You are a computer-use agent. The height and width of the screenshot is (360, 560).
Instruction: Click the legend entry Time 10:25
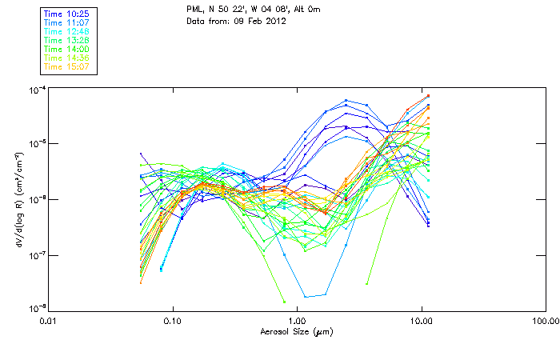coord(66,14)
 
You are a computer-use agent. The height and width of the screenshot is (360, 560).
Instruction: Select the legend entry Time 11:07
coord(66,23)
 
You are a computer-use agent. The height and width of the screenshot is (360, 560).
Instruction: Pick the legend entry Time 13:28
coord(66,40)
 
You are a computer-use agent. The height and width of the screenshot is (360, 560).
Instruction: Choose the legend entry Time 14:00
coord(66,49)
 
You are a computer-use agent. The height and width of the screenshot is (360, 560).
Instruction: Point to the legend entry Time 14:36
coord(66,58)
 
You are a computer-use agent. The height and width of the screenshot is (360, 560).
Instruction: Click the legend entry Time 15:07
coord(66,66)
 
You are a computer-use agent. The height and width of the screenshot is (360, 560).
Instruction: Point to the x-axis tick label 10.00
coord(421,322)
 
